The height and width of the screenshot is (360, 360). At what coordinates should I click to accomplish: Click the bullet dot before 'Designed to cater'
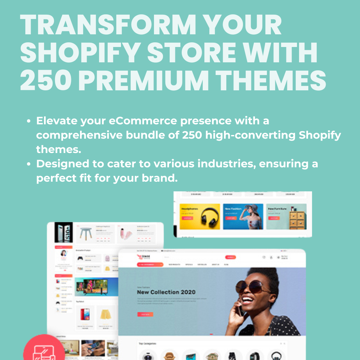point(30,164)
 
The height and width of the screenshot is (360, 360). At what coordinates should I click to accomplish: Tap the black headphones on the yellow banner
point(209,217)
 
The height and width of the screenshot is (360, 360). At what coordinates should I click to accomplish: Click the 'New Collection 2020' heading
point(166,292)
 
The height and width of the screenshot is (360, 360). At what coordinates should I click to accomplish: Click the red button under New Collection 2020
point(145,314)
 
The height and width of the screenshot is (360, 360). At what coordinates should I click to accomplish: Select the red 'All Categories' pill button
point(150,265)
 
